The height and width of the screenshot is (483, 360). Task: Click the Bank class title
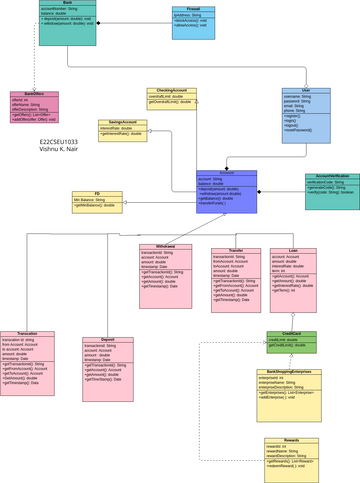click(67, 3)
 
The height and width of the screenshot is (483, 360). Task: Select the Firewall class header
click(193, 9)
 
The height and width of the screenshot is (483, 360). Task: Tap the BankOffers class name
click(34, 94)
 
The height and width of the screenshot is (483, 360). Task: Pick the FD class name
click(98, 194)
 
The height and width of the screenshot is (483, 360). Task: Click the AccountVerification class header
click(332, 175)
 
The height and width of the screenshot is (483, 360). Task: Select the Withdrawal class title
click(165, 246)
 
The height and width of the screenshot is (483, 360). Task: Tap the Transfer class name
click(236, 251)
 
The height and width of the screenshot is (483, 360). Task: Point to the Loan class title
click(293, 251)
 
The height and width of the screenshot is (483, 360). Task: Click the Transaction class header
click(27, 334)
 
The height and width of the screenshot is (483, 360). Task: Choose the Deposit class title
click(107, 339)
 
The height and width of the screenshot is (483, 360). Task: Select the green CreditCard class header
click(291, 334)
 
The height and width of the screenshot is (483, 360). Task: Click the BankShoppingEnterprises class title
click(290, 371)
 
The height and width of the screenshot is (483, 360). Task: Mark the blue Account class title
click(226, 173)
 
